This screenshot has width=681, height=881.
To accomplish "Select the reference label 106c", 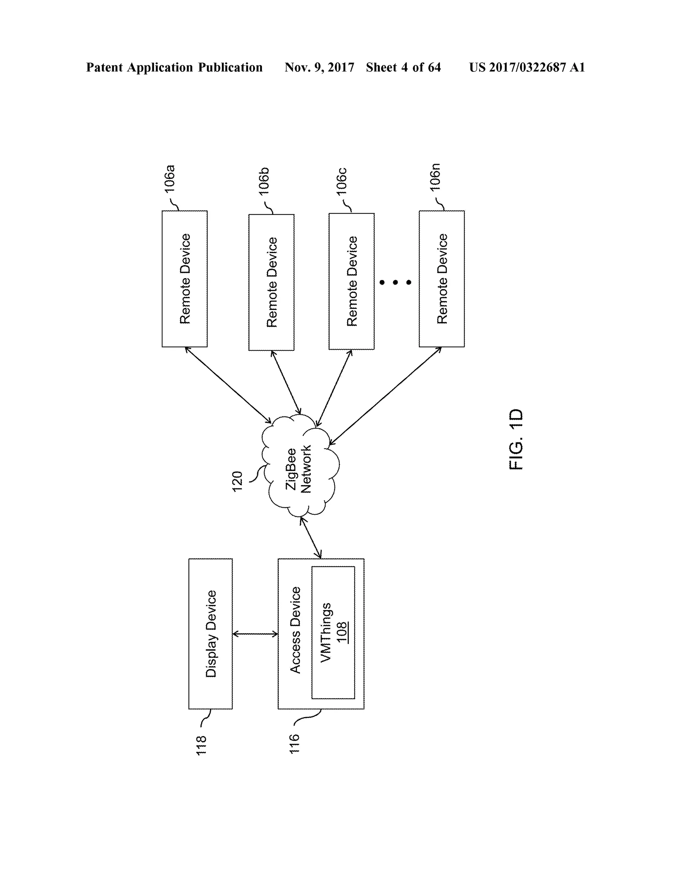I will click(342, 182).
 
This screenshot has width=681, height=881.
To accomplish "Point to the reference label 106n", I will click(435, 178).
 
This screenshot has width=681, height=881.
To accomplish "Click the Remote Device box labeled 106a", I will click(185, 278).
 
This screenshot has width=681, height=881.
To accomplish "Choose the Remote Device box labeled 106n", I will click(442, 278).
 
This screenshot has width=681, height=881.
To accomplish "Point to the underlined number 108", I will click(342, 633).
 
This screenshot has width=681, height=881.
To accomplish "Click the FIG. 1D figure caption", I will click(516, 440).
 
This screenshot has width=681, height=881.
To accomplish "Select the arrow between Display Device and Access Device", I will click(255, 634).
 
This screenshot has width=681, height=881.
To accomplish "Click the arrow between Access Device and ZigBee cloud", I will click(311, 537).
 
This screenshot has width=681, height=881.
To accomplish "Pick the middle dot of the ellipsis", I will click(395, 282).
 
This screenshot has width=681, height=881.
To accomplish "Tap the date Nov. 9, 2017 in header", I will click(319, 67).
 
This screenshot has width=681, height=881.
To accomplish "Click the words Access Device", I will click(295, 630).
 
